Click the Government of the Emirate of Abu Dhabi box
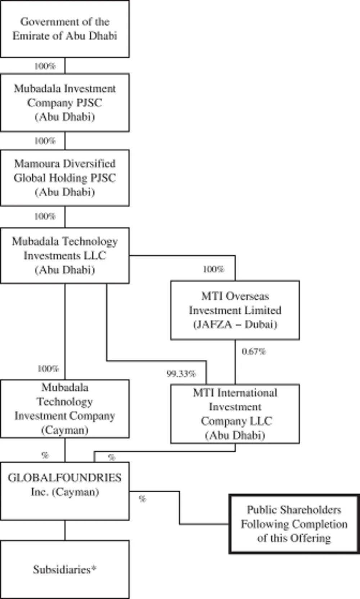(x=65, y=29)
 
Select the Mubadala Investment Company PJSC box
(x=65, y=103)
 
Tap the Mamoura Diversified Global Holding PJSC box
(x=65, y=178)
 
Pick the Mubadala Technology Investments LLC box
(x=65, y=255)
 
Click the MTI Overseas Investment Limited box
(x=235, y=310)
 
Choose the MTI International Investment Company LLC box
(x=235, y=414)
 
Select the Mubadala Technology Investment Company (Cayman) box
(x=65, y=408)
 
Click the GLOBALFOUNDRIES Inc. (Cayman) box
(x=65, y=491)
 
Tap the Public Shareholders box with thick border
(x=294, y=524)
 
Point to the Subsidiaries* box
(x=65, y=569)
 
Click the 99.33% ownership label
(x=181, y=374)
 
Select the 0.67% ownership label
(x=253, y=352)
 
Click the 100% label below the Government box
(x=45, y=66)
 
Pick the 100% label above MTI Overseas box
(x=213, y=269)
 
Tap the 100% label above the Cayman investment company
(x=48, y=368)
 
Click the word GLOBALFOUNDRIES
(x=65, y=478)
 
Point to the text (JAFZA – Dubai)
(x=235, y=325)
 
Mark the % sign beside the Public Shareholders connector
(x=143, y=499)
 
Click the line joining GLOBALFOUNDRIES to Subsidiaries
(x=65, y=530)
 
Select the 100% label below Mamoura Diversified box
(x=45, y=216)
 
